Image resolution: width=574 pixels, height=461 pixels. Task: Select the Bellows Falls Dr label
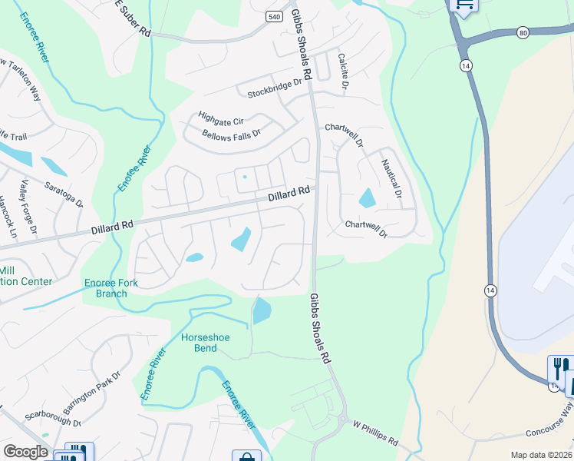click(x=231, y=133)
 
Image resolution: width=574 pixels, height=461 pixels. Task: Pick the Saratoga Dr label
click(x=64, y=194)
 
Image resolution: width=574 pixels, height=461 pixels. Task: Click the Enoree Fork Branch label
click(x=111, y=288)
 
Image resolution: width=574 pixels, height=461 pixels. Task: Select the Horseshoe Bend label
click(x=205, y=343)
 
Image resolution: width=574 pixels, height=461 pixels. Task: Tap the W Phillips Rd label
click(x=375, y=433)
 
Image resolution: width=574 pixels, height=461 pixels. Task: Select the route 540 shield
click(x=274, y=16)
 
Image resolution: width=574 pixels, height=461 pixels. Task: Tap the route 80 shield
click(x=523, y=33)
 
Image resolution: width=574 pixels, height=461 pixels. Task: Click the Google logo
click(x=25, y=452)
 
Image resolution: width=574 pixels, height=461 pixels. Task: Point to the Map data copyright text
click(x=539, y=455)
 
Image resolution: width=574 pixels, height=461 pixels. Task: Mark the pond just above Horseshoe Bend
click(x=262, y=310)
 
